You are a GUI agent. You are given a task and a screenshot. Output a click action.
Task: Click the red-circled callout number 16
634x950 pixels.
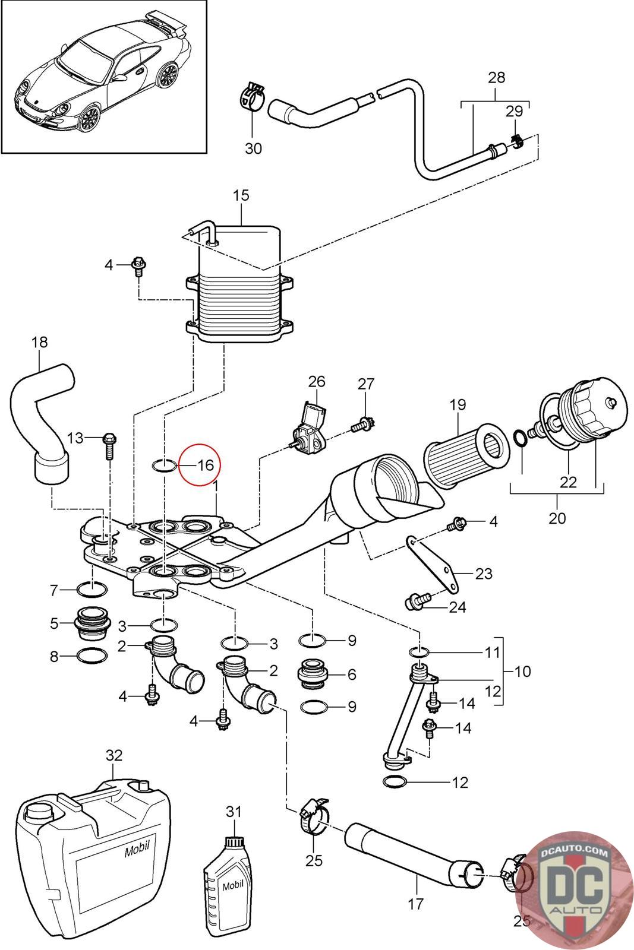(206, 465)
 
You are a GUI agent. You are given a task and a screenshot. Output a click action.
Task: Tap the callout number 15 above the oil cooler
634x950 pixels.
(241, 195)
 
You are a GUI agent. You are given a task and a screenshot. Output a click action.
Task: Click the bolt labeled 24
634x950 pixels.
(418, 601)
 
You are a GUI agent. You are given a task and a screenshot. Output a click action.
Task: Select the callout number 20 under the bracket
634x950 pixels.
(557, 518)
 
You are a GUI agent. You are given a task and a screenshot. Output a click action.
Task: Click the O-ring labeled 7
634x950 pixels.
(92, 589)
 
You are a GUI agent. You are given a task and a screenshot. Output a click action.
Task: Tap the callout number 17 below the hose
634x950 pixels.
(415, 904)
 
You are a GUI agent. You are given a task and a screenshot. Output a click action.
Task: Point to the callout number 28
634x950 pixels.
(497, 78)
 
